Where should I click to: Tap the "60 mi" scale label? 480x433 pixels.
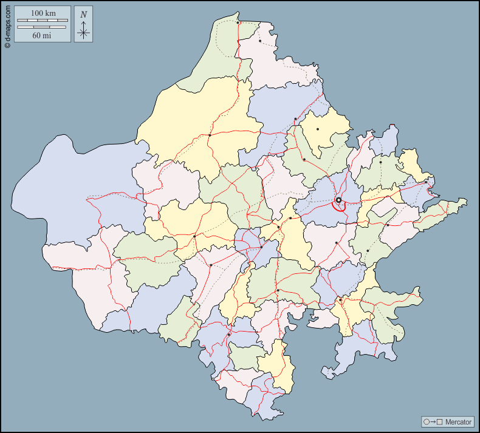[x=41, y=35]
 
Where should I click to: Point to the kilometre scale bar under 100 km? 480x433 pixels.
[x=41, y=21]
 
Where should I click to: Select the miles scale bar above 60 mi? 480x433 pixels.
[x=41, y=27]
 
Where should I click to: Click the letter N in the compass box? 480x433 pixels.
[x=83, y=15]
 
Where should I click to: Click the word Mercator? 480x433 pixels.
[x=458, y=421]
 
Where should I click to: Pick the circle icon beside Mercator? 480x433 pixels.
[x=427, y=421]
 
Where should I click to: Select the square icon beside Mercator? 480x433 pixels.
[x=439, y=421]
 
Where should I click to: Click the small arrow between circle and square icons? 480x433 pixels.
[x=433, y=421]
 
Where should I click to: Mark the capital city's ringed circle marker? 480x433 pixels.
[x=338, y=200]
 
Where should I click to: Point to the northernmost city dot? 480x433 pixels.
[x=238, y=23]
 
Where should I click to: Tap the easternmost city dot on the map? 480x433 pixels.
[x=426, y=182]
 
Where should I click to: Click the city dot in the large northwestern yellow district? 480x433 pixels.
[x=210, y=135]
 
